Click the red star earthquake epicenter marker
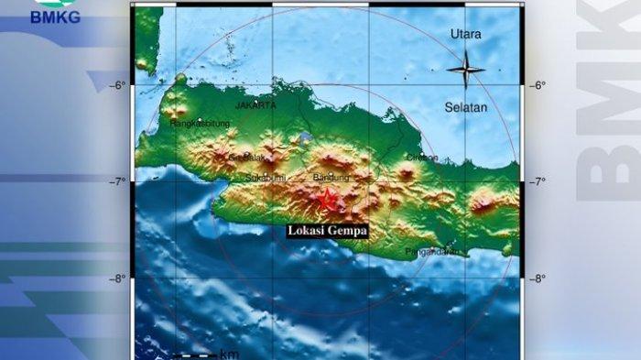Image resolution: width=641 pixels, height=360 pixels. (x=326, y=196)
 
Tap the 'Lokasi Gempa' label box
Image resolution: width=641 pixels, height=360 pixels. (x=327, y=232)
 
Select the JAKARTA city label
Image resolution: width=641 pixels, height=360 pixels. (x=255, y=106)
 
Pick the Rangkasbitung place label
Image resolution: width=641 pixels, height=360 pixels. (x=199, y=123)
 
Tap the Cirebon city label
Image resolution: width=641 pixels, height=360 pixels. (x=421, y=158)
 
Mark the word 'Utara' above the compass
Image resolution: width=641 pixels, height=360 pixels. (x=465, y=34)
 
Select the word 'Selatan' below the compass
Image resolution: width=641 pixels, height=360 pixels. (x=465, y=107)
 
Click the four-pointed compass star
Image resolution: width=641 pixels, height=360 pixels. (x=465, y=69)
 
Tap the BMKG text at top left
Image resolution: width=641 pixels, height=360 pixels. (x=56, y=16)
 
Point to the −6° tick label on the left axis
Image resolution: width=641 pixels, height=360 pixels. (x=118, y=85)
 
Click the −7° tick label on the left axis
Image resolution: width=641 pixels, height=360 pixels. (x=118, y=181)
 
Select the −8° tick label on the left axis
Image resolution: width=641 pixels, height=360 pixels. (x=118, y=278)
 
